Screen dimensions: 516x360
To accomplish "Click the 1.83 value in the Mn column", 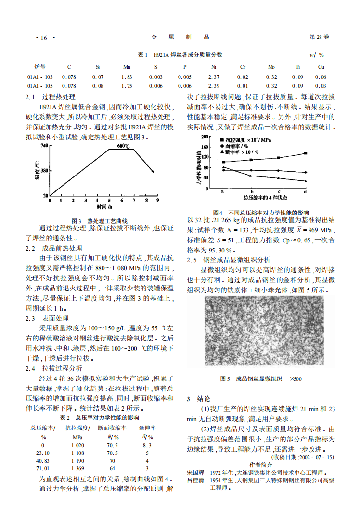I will (x=127, y=77).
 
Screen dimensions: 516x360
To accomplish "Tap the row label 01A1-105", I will (x=40, y=86).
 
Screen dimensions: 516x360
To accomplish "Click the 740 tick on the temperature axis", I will (x=44, y=145).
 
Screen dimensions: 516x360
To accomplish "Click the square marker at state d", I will (x=306, y=153).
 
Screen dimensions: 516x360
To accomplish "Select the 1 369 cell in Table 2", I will (x=77, y=468).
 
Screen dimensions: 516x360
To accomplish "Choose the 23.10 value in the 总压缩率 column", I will (x=43, y=453).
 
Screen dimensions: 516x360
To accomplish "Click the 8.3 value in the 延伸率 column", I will (x=147, y=445).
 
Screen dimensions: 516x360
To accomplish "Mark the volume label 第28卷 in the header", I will (x=320, y=37).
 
